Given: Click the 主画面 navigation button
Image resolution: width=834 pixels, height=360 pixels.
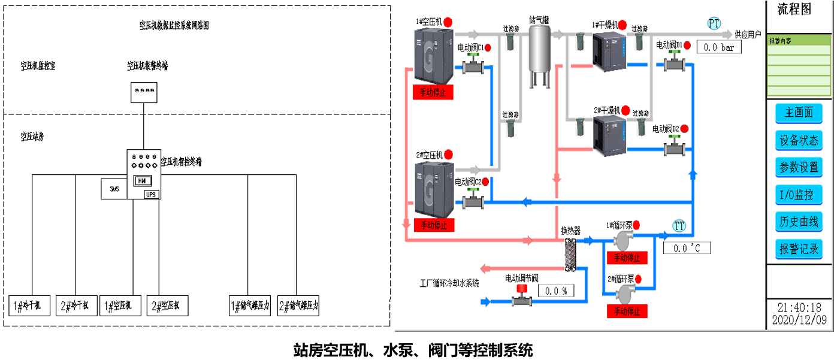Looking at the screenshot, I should (799, 113).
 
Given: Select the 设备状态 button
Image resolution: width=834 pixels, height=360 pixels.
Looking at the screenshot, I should (799, 140).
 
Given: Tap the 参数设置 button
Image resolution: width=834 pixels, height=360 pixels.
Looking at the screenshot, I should (799, 167).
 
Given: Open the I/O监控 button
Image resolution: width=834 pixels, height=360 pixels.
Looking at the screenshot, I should (799, 194).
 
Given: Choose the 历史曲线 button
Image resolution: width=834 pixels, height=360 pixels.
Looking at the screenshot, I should (799, 221).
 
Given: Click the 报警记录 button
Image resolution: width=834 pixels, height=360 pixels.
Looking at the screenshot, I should (799, 249).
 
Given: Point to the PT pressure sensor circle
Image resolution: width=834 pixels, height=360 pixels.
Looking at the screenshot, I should (714, 23).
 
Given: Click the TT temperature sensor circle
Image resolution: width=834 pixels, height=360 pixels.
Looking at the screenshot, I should (679, 226).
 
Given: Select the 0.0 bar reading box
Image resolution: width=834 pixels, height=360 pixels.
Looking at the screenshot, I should (718, 47).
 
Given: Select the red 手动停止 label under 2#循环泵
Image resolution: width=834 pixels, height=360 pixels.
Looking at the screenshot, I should (627, 311).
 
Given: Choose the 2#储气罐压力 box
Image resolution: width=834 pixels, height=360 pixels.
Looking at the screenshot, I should (299, 305).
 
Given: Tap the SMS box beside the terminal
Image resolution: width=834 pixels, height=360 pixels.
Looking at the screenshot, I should (114, 189).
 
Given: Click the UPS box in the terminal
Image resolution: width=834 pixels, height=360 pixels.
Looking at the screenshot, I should (151, 193).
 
